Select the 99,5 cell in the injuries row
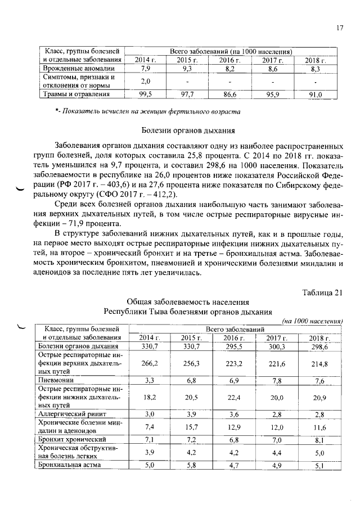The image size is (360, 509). (x=145, y=94)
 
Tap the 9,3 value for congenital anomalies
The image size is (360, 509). (x=187, y=69)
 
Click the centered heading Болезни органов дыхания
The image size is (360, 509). (x=188, y=131)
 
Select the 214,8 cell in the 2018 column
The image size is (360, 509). (x=319, y=364)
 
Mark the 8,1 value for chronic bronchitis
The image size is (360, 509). (x=319, y=440)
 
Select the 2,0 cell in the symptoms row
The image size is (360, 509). (x=145, y=82)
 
